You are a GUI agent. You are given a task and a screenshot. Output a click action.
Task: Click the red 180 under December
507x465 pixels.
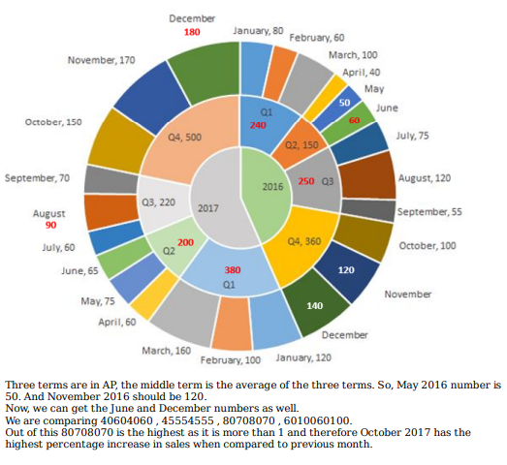pyautogui.click(x=192, y=32)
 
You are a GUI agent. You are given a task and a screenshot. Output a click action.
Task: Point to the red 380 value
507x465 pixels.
pyautogui.click(x=233, y=270)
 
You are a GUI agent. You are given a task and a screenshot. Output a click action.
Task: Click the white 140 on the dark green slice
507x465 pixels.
pyautogui.click(x=315, y=306)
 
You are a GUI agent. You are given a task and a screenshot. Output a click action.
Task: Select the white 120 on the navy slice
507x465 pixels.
pyautogui.click(x=346, y=270)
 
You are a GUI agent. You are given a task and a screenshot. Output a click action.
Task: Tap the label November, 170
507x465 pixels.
pyautogui.click(x=101, y=60)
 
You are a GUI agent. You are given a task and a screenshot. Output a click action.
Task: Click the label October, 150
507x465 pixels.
pyautogui.click(x=53, y=122)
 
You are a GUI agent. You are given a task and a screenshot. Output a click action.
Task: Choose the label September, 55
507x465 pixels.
pyautogui.click(x=429, y=212)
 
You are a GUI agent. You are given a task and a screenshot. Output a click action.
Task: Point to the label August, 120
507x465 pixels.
pyautogui.click(x=425, y=178)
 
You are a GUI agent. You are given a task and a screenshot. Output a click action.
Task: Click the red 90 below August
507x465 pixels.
pyautogui.click(x=50, y=225)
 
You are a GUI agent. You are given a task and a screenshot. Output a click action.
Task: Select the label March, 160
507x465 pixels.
pyautogui.click(x=166, y=351)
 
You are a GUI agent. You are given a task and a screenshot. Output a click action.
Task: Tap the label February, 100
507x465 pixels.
pyautogui.click(x=230, y=360)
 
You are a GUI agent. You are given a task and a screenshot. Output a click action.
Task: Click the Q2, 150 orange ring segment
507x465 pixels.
pyautogui.click(x=301, y=143)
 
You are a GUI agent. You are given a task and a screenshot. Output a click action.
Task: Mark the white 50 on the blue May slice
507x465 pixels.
pyautogui.click(x=344, y=103)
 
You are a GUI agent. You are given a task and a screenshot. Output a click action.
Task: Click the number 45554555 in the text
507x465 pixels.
pyautogui.click(x=187, y=420)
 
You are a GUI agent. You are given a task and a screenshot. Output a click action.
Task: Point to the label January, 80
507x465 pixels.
pyautogui.click(x=258, y=31)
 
